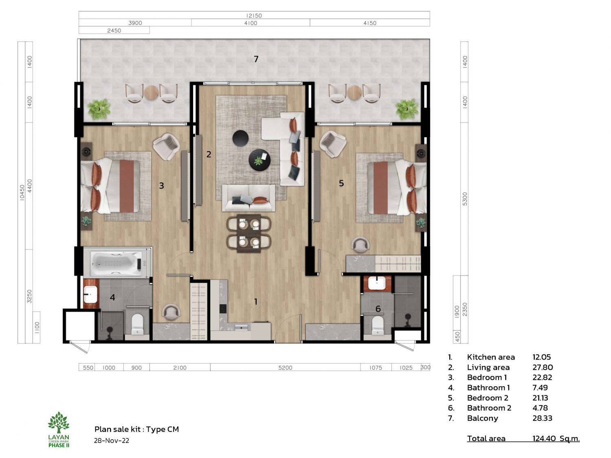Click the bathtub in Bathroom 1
click(x=117, y=263)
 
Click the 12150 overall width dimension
click(x=254, y=15)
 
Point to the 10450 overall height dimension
click(x=22, y=193)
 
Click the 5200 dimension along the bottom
click(x=285, y=368)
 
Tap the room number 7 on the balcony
click(x=256, y=59)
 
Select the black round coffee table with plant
click(x=259, y=160)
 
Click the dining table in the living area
click(x=249, y=233)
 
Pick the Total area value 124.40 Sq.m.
click(x=556, y=438)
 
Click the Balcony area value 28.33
click(x=542, y=418)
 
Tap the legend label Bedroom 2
click(x=488, y=398)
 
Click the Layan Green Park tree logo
click(x=59, y=422)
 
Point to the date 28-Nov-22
click(x=111, y=440)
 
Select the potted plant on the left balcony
click(x=99, y=108)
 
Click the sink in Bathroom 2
click(x=377, y=283)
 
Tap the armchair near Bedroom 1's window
click(x=166, y=147)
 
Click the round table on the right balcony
click(x=354, y=92)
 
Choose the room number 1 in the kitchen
click(x=256, y=301)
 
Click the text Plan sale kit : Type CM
click(x=136, y=429)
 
